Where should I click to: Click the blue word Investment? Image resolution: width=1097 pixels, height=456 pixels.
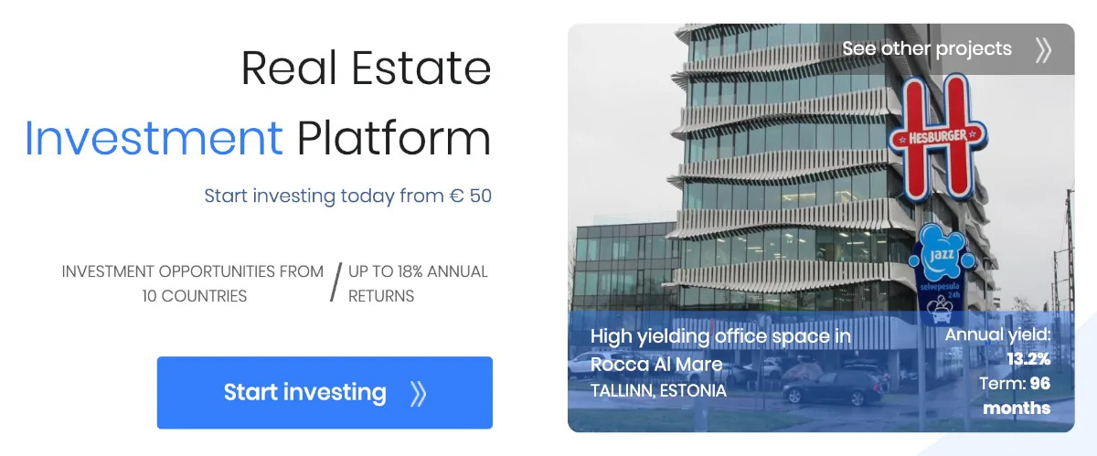tap(154, 138)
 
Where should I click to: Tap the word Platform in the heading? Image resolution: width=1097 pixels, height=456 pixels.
tap(394, 139)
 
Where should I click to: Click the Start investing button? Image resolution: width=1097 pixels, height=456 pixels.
tap(325, 392)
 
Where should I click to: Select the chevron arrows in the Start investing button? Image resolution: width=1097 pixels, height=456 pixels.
tap(419, 393)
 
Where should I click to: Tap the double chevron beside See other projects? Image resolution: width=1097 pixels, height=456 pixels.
tap(1043, 50)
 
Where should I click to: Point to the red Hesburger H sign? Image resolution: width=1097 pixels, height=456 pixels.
tap(937, 137)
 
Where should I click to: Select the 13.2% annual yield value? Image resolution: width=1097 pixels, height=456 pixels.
tap(1028, 359)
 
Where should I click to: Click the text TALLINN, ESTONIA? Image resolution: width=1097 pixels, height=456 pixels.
tap(658, 391)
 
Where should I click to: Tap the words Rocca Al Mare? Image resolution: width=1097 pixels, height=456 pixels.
tap(656, 364)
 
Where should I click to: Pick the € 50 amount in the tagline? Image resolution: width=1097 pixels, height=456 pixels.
tap(471, 196)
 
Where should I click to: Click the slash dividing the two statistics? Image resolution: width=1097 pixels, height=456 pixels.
tap(335, 282)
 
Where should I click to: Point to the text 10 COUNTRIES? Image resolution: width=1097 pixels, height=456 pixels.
tap(195, 296)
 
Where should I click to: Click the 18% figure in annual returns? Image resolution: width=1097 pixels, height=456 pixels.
tap(409, 271)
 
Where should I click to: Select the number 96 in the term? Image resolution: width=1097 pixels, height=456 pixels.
tap(1039, 383)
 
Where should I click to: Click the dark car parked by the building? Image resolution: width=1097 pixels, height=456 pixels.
tap(833, 387)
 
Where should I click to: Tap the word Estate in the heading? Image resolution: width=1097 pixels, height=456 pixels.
tap(421, 69)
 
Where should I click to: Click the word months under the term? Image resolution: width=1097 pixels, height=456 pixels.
tap(1017, 408)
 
